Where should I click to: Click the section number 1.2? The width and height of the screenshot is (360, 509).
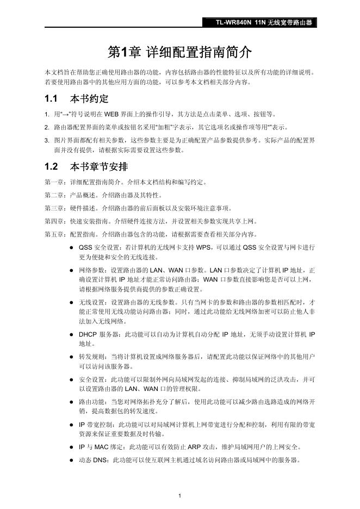pos(51,166)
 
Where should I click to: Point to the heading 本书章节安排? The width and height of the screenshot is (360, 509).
pos(100,166)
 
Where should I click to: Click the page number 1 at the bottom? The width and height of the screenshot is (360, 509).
pos(180,495)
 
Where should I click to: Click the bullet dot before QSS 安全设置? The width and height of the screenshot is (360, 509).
pos(71,248)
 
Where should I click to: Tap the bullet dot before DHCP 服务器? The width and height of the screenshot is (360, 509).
pos(71,334)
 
